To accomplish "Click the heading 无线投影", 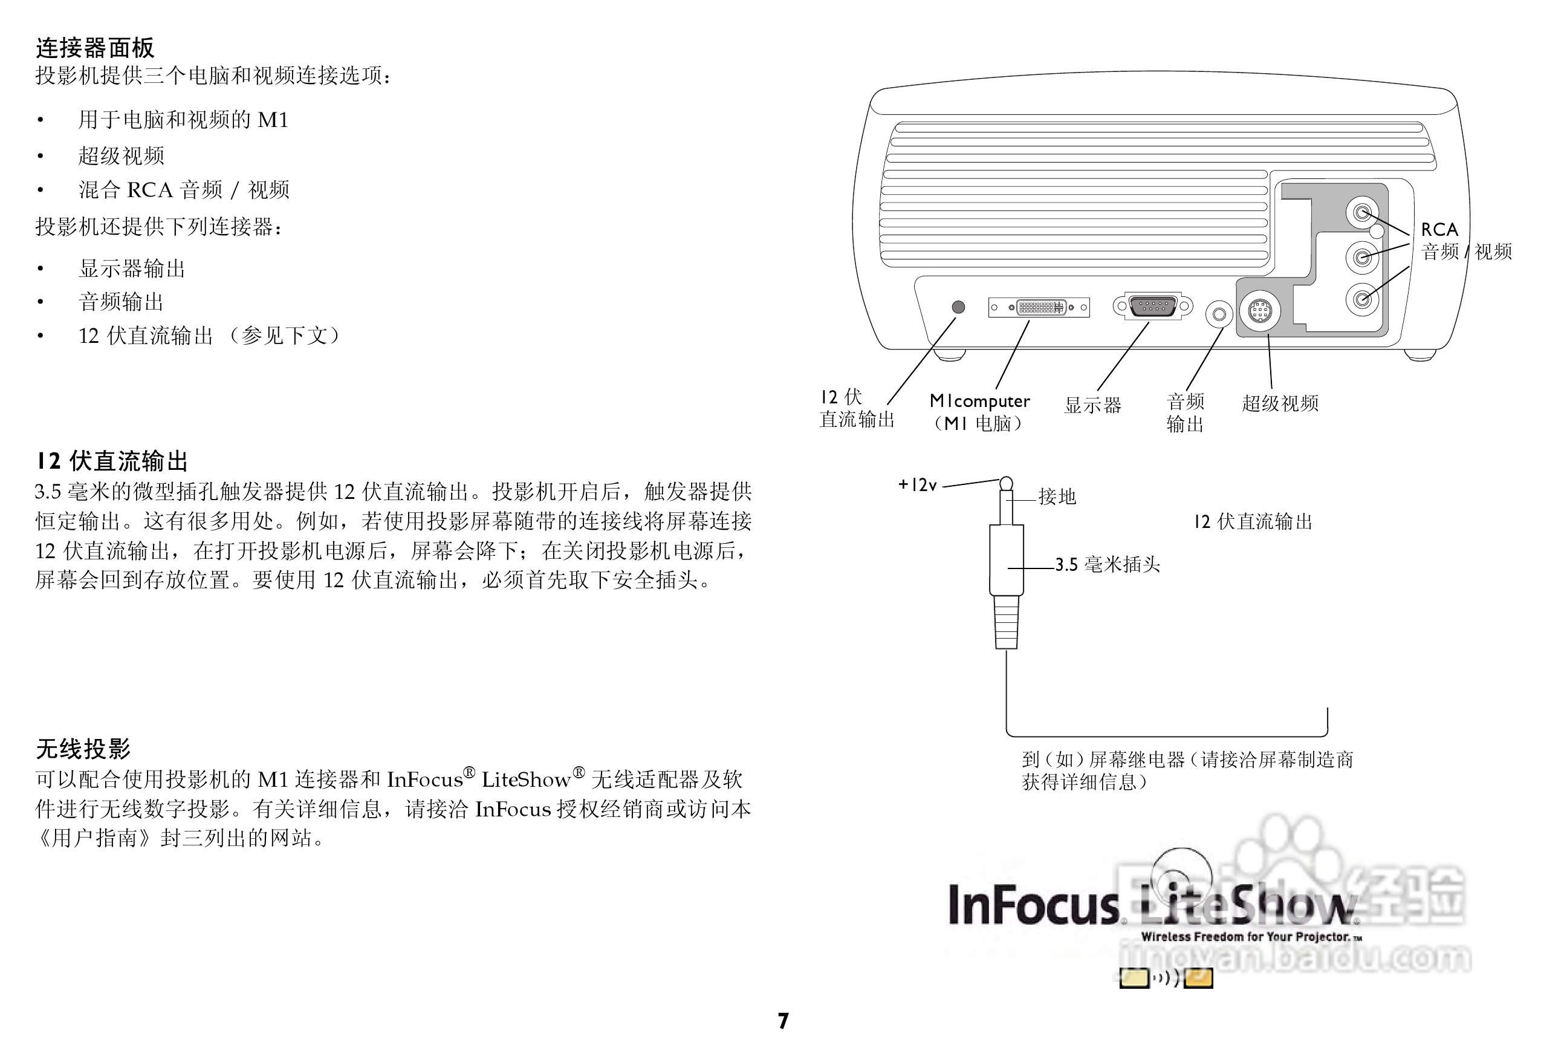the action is pos(83,749).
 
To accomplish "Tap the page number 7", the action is pos(784,1021).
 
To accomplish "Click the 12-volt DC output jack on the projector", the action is pos(958,307).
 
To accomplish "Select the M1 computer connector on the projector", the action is pos(1039,307).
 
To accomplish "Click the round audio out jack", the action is pos(1219,313).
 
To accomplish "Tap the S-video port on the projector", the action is pos(1259,311).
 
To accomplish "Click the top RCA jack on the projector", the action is pos(1363,213).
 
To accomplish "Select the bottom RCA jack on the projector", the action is pos(1363,299).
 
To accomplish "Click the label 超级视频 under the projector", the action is pos(1280,403).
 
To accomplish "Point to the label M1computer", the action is pos(979,400).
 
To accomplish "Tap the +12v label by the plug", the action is pos(918,484).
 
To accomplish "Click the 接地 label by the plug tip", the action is pos(1057,496).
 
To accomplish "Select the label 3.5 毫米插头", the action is pos(1108,564).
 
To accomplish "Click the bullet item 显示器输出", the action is pos(132,269).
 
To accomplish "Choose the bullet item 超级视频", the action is pos(122,156).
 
